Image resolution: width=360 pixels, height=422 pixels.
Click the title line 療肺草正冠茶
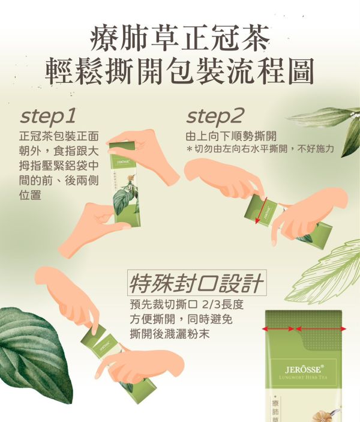[179, 37]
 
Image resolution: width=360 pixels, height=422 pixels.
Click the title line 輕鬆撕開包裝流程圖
[179, 71]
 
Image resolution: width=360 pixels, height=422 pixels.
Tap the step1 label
[49, 115]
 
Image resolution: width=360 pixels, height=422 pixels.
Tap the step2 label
[215, 115]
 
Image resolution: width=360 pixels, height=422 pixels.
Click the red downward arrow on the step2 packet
[259, 212]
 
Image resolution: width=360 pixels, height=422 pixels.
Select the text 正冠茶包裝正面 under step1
[59, 136]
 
